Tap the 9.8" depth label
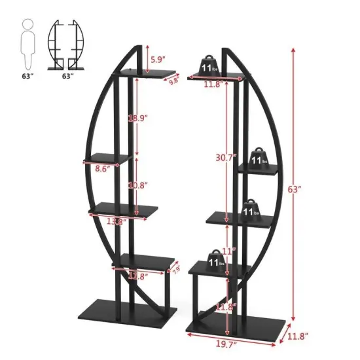[173, 82]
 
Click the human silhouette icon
[27, 44]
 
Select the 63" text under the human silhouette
[26, 76]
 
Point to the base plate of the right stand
[239, 324]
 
